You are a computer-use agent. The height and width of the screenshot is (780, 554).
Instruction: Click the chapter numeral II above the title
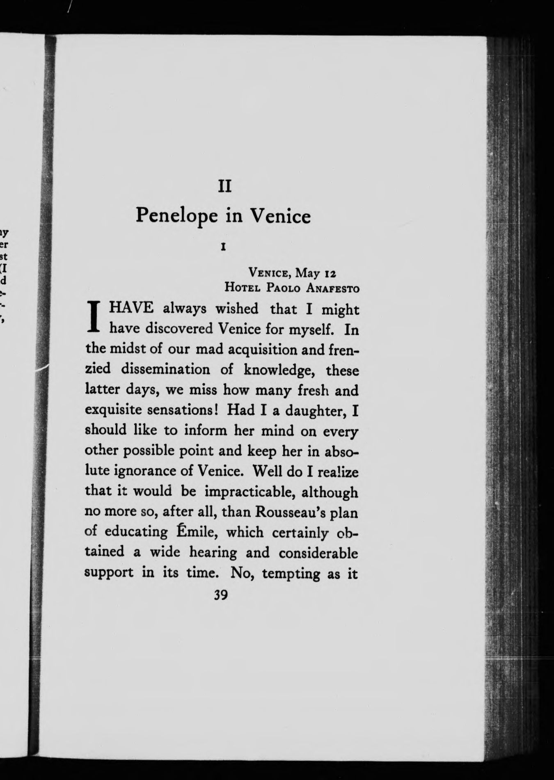click(x=224, y=187)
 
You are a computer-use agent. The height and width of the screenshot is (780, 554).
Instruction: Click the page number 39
click(x=221, y=595)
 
